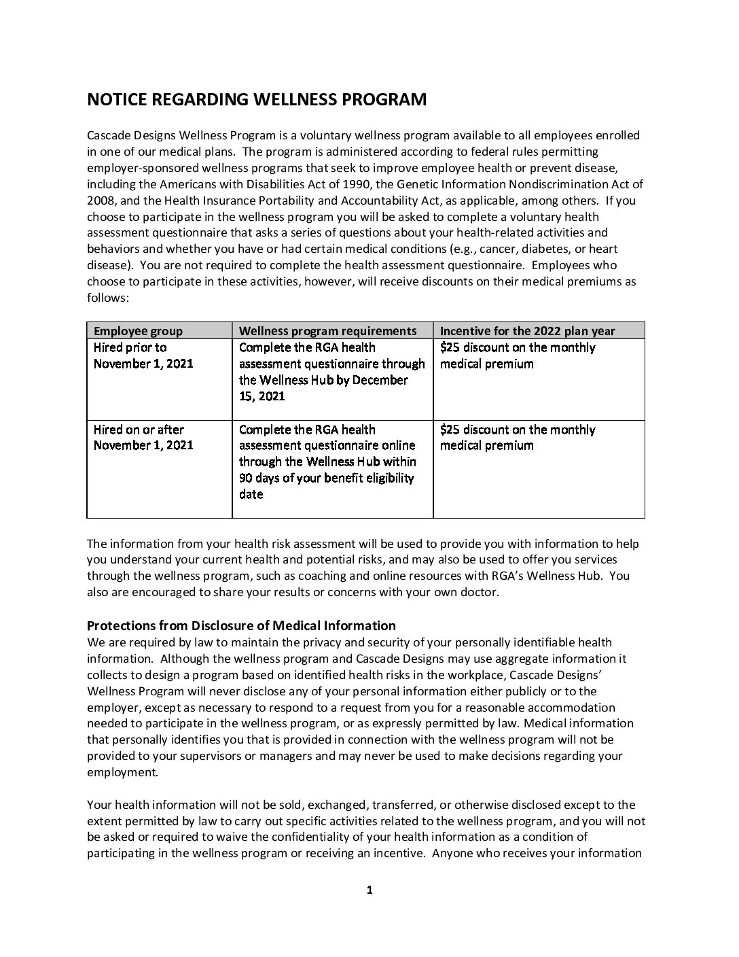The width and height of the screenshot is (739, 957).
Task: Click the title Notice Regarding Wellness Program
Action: (257, 100)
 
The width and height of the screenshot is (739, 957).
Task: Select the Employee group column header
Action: (138, 331)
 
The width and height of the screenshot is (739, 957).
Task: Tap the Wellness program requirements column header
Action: (327, 331)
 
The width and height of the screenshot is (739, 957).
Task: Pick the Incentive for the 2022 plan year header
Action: (527, 331)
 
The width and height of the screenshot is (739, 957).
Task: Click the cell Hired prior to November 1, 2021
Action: (143, 355)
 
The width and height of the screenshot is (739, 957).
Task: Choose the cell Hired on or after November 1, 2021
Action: (143, 438)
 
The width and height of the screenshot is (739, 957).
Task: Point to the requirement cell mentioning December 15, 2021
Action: (331, 372)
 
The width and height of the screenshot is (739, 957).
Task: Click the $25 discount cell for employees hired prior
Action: (518, 355)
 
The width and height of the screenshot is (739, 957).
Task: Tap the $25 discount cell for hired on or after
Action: (518, 438)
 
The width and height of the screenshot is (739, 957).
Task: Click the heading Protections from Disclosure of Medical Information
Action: (241, 625)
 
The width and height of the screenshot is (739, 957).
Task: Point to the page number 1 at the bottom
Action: (369, 890)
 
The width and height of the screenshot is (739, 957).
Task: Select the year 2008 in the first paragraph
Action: (101, 201)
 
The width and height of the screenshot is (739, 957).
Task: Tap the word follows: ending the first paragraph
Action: (108, 298)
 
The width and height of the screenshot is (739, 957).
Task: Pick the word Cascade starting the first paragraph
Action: (109, 135)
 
